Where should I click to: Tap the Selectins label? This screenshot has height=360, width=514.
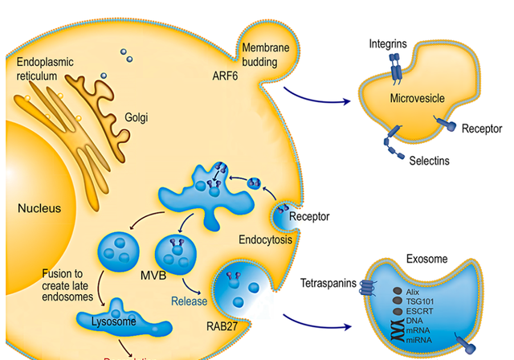(428, 161)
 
